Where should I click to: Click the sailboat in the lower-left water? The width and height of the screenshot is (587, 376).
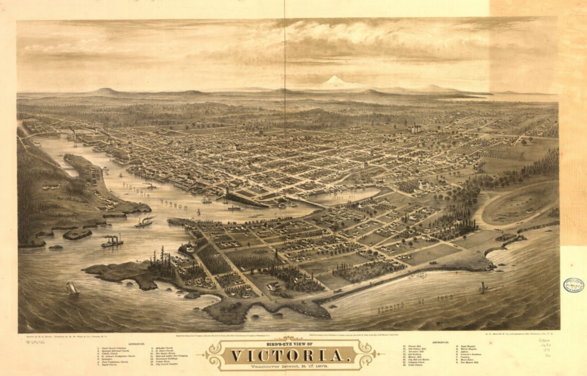click(72, 289)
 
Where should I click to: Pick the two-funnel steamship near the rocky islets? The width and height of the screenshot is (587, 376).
click(112, 241)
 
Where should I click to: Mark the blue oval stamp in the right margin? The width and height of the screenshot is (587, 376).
click(573, 285)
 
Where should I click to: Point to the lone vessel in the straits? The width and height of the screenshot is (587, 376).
click(483, 286)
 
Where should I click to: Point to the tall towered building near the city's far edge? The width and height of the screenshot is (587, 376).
click(416, 128)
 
